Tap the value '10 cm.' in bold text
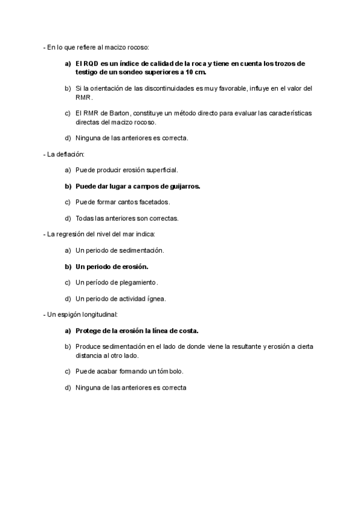click(x=195, y=72)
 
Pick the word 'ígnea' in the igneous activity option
click(x=155, y=298)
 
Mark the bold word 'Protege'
click(x=89, y=330)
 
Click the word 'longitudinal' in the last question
click(x=100, y=314)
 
